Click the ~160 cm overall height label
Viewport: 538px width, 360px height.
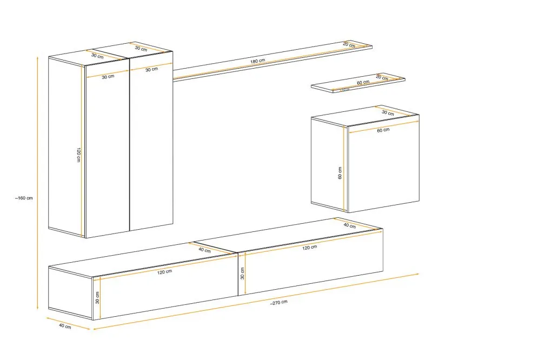click(24, 198)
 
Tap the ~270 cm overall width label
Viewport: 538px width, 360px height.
click(278, 302)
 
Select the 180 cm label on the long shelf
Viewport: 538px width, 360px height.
click(257, 61)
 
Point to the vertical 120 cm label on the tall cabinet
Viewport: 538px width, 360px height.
click(78, 155)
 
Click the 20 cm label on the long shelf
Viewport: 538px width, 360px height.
click(349, 44)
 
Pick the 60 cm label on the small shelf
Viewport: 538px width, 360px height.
click(363, 83)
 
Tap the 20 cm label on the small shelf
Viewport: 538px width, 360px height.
click(382, 77)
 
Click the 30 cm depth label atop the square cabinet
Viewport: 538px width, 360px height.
click(388, 112)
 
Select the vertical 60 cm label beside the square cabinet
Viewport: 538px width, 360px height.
click(340, 173)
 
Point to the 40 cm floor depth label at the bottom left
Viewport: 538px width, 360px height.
click(65, 326)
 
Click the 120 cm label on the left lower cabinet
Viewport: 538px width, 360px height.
click(165, 272)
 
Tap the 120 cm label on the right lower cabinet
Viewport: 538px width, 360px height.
click(310, 247)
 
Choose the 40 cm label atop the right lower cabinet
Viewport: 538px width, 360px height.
click(350, 225)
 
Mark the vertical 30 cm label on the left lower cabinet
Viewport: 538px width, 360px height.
click(97, 298)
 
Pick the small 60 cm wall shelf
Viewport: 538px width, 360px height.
click(358, 83)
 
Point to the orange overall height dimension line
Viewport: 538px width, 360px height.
click(37, 183)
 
